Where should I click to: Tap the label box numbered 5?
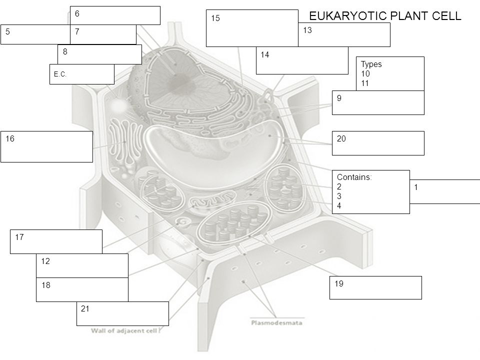coord(35,34)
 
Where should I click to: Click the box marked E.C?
coord(81,74)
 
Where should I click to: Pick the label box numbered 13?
coord(344,35)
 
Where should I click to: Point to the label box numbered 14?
coord(301,60)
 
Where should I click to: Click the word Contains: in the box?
coord(353,176)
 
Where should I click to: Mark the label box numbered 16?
coord(46,146)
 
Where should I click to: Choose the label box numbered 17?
coord(56,241)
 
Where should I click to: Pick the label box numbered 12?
coord(82,265)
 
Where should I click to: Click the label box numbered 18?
coord(82,289)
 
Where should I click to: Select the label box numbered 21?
coord(122,313)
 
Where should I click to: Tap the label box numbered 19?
coord(375,287)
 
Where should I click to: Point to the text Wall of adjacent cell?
coord(128,330)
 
